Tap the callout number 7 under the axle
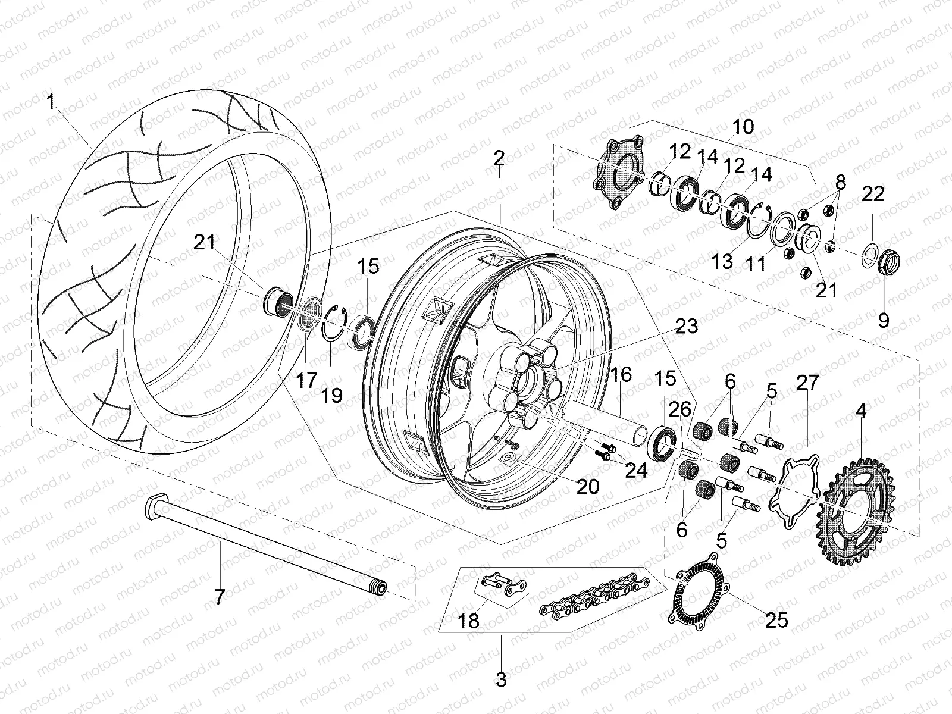pos(220,596)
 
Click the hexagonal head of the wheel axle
pos(154,500)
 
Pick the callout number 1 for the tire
pos(51,102)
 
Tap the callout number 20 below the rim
pos(588,486)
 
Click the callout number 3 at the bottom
pos(501,679)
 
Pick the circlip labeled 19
pos(334,324)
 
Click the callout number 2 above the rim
pos(499,158)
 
